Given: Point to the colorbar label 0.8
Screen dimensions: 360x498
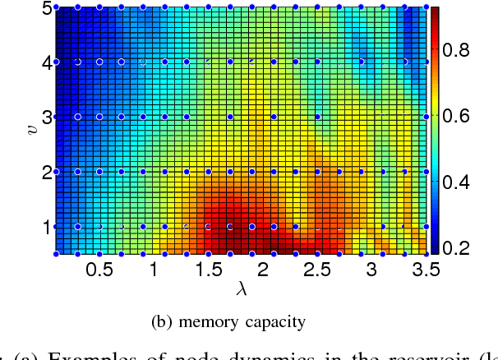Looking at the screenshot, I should tap(466, 51).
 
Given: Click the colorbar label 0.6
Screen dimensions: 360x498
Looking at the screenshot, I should tap(466, 117).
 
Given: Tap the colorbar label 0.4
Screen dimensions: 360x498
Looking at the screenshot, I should tap(466, 182).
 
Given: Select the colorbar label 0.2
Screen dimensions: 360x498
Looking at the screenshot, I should tap(466, 247).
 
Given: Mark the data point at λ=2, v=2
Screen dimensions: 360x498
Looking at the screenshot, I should tap(262, 172).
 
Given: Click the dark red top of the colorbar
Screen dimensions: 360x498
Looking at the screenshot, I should tap(436, 12).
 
